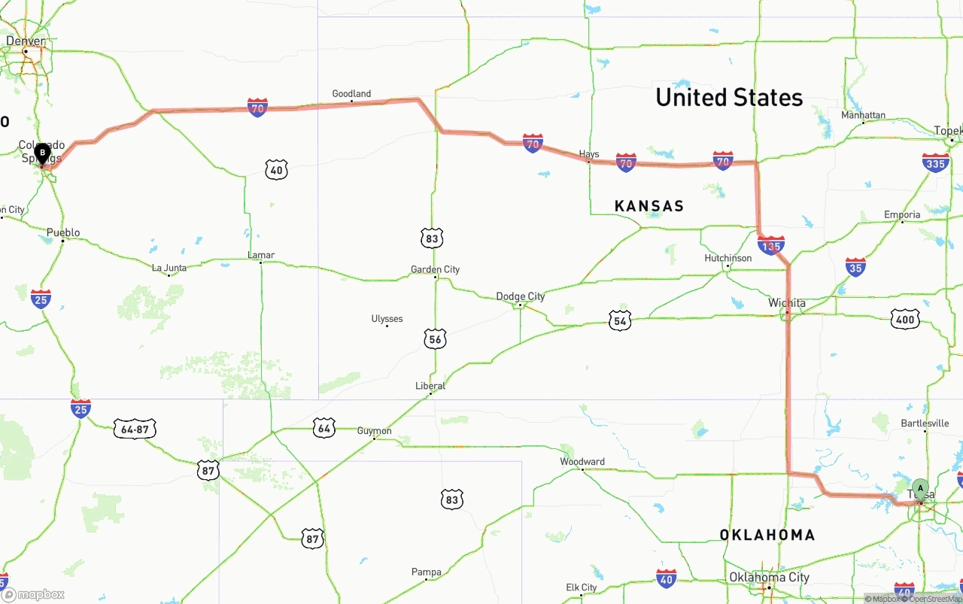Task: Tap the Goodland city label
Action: point(351,94)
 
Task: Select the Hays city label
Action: point(589,154)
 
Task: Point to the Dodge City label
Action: point(520,296)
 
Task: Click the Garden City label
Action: point(435,269)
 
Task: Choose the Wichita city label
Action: point(787,303)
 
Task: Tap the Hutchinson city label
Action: point(728,258)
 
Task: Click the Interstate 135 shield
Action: point(771,245)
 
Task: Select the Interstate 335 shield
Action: point(935,162)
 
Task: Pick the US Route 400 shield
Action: point(905,320)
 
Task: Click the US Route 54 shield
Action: point(620,321)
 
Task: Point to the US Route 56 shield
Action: point(435,338)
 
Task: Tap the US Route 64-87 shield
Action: point(135,429)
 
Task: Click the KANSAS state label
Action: point(649,206)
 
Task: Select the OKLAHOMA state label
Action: point(767,535)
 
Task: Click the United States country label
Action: point(729,98)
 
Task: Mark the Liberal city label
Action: point(430,386)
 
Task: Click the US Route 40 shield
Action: point(277,170)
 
